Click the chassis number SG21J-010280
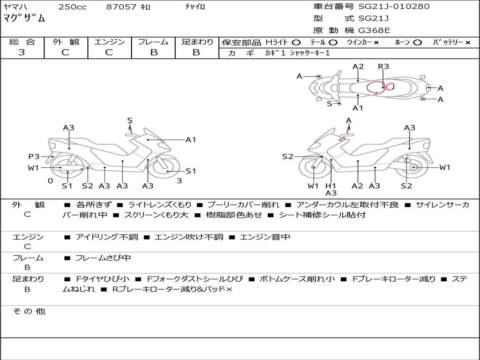pyautogui.click(x=394, y=7)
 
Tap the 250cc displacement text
pyautogui.click(x=72, y=7)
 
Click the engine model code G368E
pyautogui.click(x=374, y=30)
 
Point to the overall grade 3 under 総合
pyautogui.click(x=22, y=52)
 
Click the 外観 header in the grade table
pyautogui.click(x=66, y=42)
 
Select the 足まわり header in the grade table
pyautogui.click(x=197, y=42)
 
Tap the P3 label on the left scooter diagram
pyautogui.click(x=34, y=157)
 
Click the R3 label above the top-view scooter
pyautogui.click(x=383, y=67)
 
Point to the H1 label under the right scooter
pyautogui.click(x=331, y=186)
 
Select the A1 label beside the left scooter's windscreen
pyautogui.click(x=191, y=139)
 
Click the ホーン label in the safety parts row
pyautogui.click(x=403, y=42)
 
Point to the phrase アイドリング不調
pyautogui.click(x=107, y=237)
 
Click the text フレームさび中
pyautogui.click(x=103, y=258)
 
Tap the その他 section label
pyautogui.click(x=29, y=311)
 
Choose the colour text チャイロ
pyautogui.click(x=195, y=7)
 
